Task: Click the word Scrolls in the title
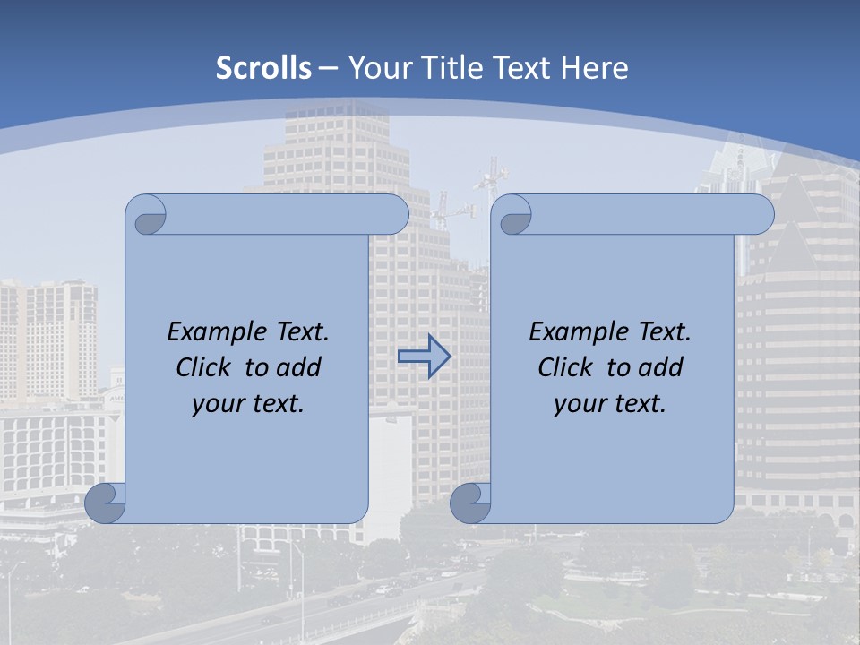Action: [263, 68]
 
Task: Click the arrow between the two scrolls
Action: [424, 357]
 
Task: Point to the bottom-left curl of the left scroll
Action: [106, 503]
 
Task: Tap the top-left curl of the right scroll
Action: [514, 216]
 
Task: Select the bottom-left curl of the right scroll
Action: [470, 503]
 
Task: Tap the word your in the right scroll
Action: [579, 404]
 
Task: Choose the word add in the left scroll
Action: [300, 368]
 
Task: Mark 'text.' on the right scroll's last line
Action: [640, 404]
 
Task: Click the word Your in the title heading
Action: [376, 68]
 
